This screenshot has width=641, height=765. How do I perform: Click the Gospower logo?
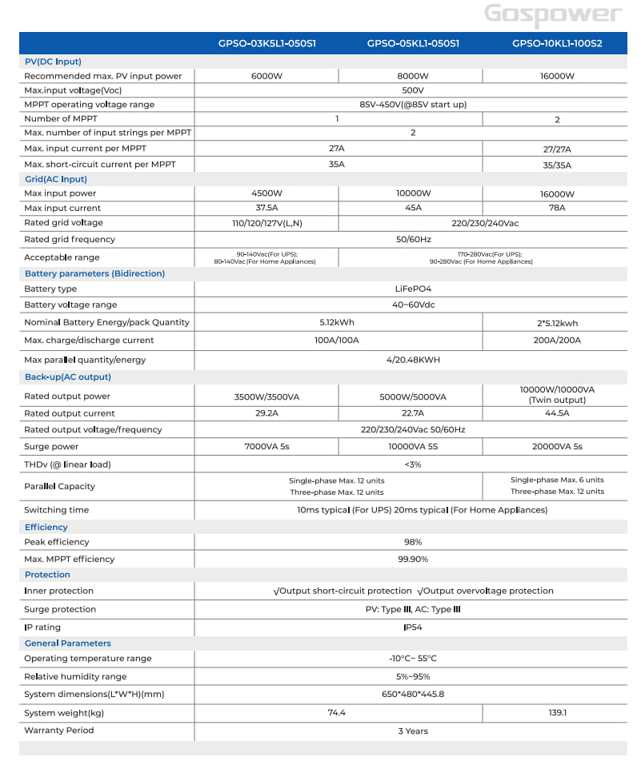coord(552,14)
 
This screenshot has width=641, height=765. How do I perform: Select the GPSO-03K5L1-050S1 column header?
coord(266,43)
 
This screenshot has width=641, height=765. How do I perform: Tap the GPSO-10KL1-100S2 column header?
coord(557,43)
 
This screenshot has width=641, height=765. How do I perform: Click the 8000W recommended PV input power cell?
coord(413,76)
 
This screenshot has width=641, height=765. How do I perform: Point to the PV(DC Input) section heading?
coord(53,62)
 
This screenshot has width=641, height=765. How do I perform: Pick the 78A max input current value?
coord(557,208)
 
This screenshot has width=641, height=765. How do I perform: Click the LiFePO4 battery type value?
coord(413,289)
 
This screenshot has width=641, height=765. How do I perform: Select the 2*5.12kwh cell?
coord(557,323)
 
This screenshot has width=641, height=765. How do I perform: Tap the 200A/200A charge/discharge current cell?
coord(557,341)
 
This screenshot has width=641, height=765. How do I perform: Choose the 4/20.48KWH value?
coord(413,360)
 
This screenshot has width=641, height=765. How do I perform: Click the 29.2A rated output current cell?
coord(266,413)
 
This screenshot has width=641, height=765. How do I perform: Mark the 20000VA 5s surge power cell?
coord(557,447)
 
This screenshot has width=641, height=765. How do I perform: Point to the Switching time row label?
coord(57,510)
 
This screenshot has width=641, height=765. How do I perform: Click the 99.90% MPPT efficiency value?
coord(413,559)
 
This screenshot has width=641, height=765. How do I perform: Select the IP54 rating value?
coord(413,628)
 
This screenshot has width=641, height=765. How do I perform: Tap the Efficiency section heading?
coord(46,527)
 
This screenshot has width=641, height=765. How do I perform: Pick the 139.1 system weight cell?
coord(557,713)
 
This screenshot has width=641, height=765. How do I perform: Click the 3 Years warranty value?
coord(413,731)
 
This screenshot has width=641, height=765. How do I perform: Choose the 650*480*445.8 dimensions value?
coord(413,695)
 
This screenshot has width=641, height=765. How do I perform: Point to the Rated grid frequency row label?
coord(70,239)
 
